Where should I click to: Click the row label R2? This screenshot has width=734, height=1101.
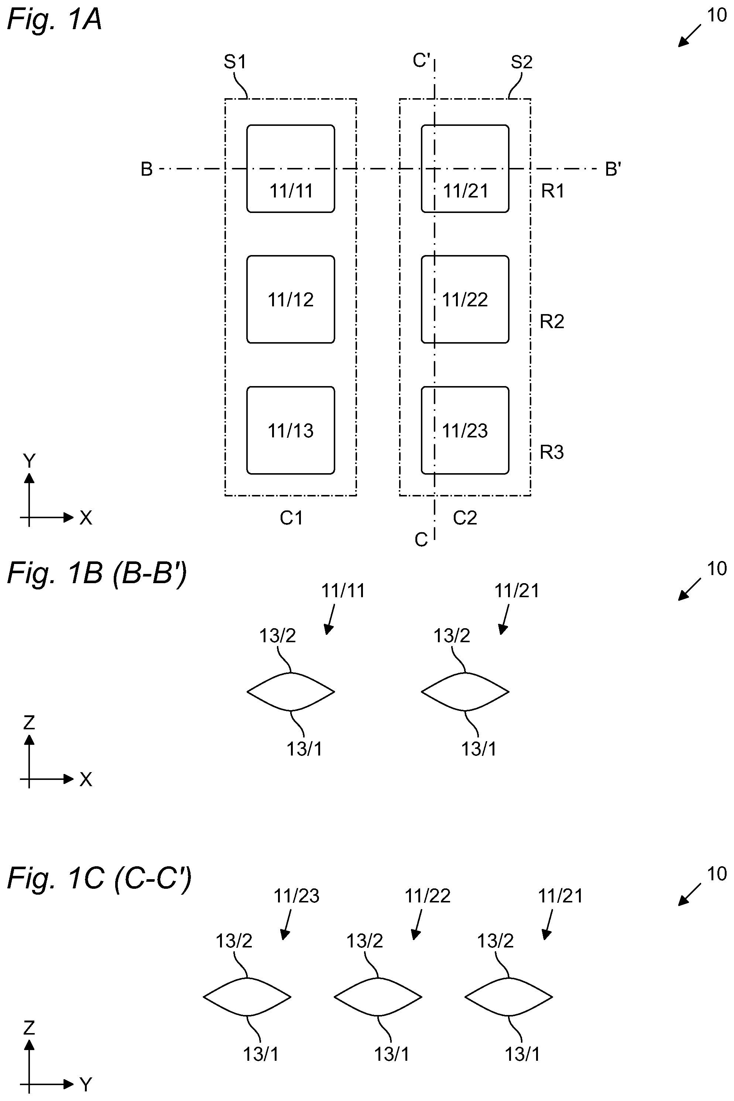pyautogui.click(x=552, y=321)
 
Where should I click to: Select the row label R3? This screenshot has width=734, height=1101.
pyautogui.click(x=552, y=452)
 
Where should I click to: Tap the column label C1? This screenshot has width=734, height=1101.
pyautogui.click(x=291, y=517)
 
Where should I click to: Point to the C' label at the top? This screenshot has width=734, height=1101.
pyautogui.click(x=422, y=61)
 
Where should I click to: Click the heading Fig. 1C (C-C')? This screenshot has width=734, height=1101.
pyautogui.click(x=99, y=878)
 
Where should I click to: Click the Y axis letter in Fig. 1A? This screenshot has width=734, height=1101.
pyautogui.click(x=29, y=461)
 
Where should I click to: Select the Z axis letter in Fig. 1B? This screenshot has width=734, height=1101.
pyautogui.click(x=29, y=723)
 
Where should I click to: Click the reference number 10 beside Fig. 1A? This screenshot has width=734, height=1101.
pyautogui.click(x=716, y=15)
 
